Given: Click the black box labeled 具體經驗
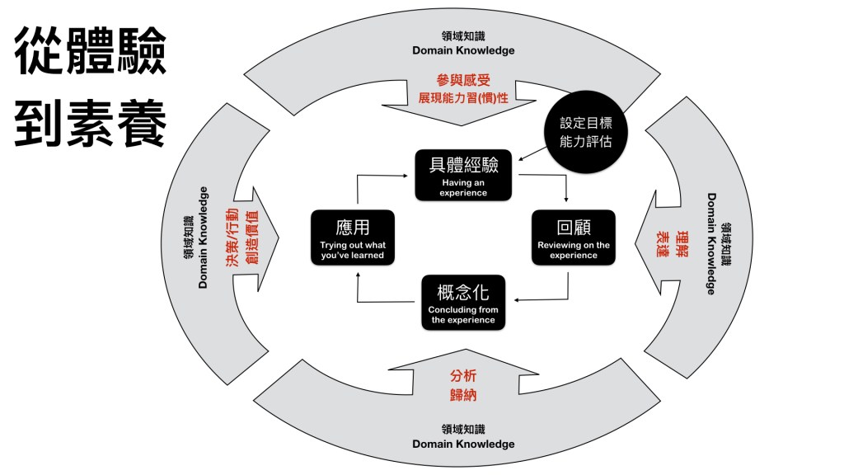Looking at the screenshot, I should coord(462,175).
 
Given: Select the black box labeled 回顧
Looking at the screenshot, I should coord(573,237).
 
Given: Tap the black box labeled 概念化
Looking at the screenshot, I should coord(462,303).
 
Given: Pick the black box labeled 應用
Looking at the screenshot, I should coord(353,237).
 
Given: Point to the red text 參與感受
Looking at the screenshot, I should coord(463,80).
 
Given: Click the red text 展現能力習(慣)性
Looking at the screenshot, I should coord(463,98).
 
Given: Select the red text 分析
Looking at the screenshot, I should coord(463,376).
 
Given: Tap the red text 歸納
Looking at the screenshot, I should coord(463,395).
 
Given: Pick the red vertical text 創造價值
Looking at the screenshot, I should coord(252,238).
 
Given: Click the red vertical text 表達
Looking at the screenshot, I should coord(662,246).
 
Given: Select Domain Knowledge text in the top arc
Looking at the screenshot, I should coord(463,50).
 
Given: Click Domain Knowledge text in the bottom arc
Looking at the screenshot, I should coord(463,444).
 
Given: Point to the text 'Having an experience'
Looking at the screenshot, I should coord(462,188).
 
